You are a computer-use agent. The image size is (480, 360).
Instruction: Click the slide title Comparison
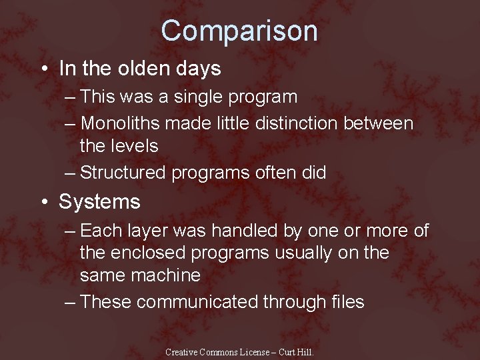click(239, 31)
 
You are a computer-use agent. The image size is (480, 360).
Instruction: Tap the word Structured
click(123, 173)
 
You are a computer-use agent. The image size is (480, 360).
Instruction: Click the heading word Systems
click(99, 201)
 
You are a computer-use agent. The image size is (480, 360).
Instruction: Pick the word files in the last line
click(347, 302)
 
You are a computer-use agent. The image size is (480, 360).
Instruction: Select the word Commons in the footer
click(223, 351)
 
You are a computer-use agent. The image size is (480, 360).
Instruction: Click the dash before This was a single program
click(71, 97)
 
